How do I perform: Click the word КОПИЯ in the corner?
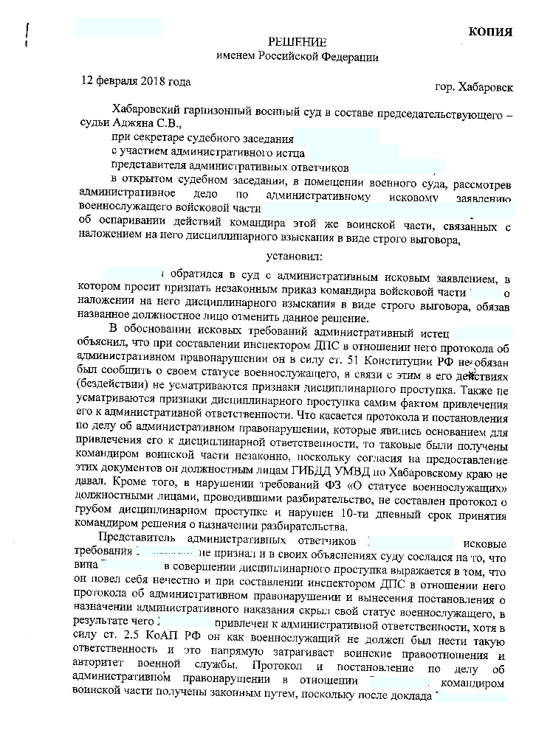tap(491, 31)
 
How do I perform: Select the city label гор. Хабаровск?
tap(475, 87)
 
